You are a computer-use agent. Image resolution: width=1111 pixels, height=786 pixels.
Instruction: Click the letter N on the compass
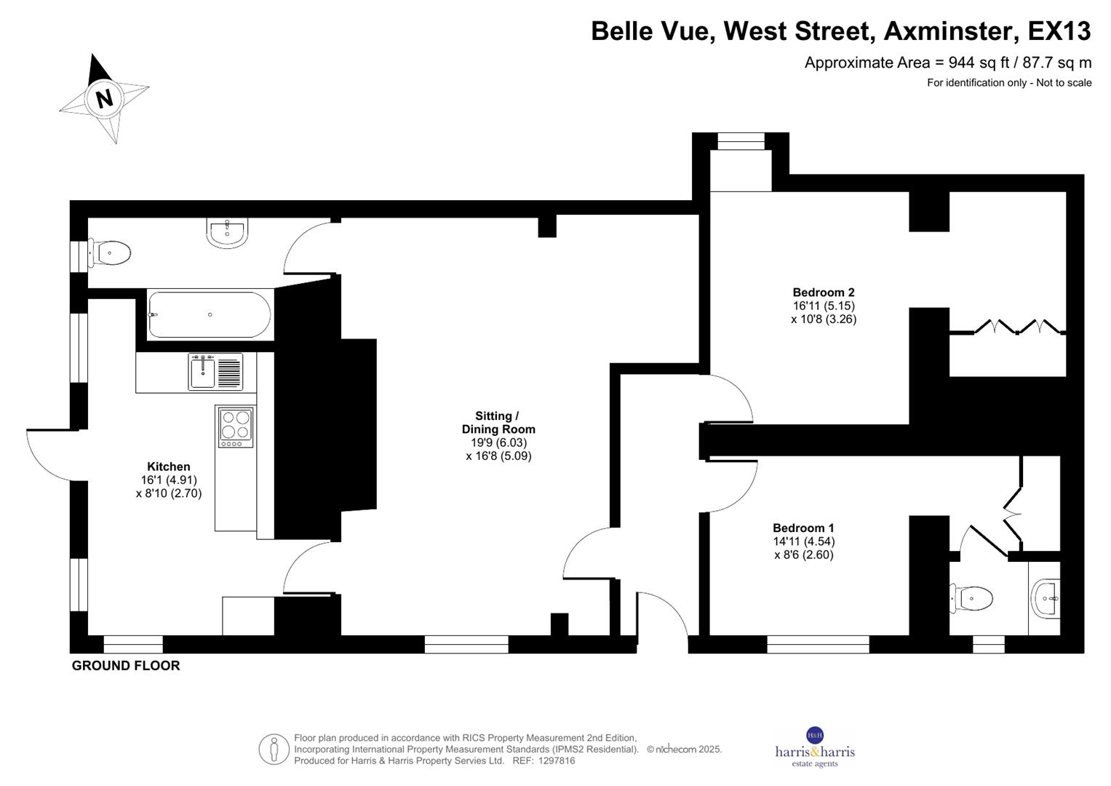pyautogui.click(x=105, y=98)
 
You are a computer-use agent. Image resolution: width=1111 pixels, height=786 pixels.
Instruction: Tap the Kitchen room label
pyautogui.click(x=168, y=467)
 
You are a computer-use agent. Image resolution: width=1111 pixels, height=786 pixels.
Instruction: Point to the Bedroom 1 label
pyautogui.click(x=803, y=528)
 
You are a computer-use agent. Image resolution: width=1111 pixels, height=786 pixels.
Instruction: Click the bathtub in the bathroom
pyautogui.click(x=210, y=314)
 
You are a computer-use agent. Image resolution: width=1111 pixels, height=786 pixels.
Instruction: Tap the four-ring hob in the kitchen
pyautogui.click(x=236, y=426)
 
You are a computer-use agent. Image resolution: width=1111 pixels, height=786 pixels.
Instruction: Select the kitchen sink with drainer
pyautogui.click(x=215, y=372)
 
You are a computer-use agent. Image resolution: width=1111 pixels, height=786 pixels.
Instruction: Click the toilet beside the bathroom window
pyautogui.click(x=110, y=253)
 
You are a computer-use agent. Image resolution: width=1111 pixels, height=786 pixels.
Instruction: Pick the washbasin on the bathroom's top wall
pyautogui.click(x=228, y=232)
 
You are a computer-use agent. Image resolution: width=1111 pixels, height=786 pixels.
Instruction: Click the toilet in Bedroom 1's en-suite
pyautogui.click(x=973, y=599)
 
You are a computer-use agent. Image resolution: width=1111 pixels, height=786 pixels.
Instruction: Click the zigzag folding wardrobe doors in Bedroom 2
pyautogui.click(x=1016, y=327)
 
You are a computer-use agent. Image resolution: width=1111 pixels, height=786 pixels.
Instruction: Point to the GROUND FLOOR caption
pyautogui.click(x=125, y=665)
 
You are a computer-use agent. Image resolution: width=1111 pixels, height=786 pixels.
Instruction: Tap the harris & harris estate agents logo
pyautogui.click(x=814, y=747)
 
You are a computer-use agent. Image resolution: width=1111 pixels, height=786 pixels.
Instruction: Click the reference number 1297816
pyautogui.click(x=554, y=761)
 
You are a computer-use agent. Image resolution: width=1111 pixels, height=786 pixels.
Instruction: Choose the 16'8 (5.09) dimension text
pyautogui.click(x=499, y=456)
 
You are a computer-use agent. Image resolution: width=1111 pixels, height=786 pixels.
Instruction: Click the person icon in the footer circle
pyautogui.click(x=274, y=749)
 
